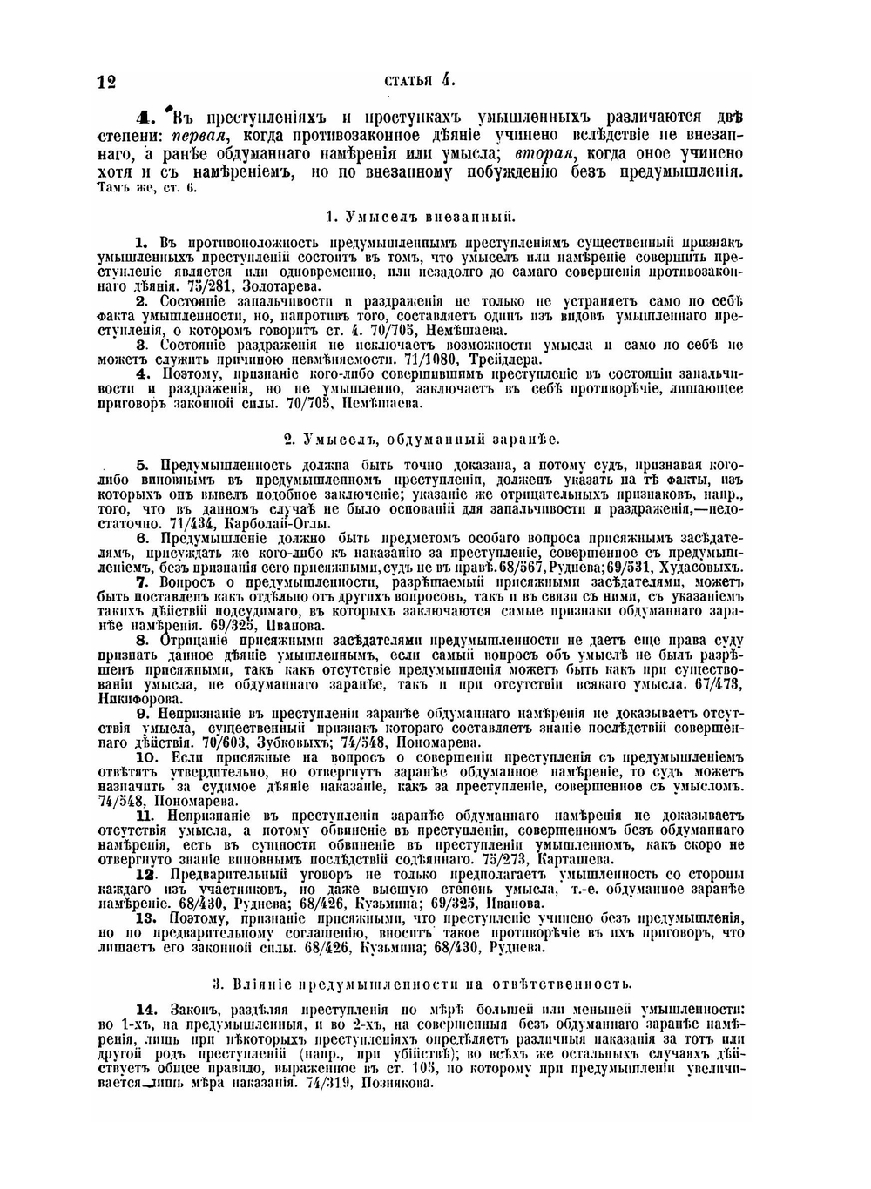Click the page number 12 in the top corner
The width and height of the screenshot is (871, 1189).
coord(107,83)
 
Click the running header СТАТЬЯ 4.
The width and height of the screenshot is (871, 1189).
coord(420,81)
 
